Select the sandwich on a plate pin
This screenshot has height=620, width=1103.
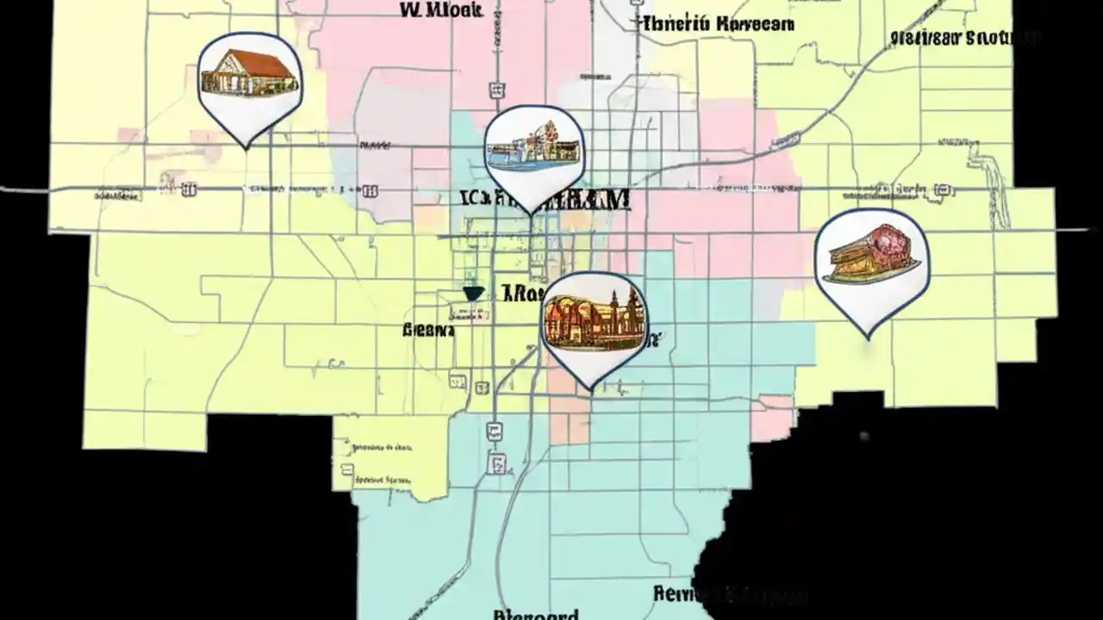coord(870,256)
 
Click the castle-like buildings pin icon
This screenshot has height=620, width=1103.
coord(594,319)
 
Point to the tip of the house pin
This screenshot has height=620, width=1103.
coord(248,148)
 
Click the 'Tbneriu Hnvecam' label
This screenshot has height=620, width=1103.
coord(717,24)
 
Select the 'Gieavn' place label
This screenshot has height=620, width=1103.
coord(428,330)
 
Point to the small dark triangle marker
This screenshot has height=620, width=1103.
coord(472,294)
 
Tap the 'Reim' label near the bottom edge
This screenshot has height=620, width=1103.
coord(681,593)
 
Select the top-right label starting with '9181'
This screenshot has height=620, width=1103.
coord(965,38)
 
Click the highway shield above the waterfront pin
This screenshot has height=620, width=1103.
coord(497,90)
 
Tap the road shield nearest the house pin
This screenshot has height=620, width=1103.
coord(189,189)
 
